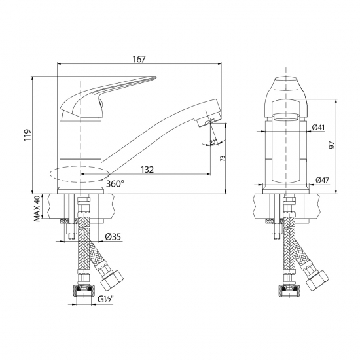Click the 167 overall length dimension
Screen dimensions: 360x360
point(138,60)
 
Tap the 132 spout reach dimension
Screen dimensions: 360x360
point(147,170)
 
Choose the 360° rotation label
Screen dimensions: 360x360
point(115,184)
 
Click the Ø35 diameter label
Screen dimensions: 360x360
point(112,236)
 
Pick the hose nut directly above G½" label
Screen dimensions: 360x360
point(82,289)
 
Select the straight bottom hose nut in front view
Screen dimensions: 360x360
point(286,289)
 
